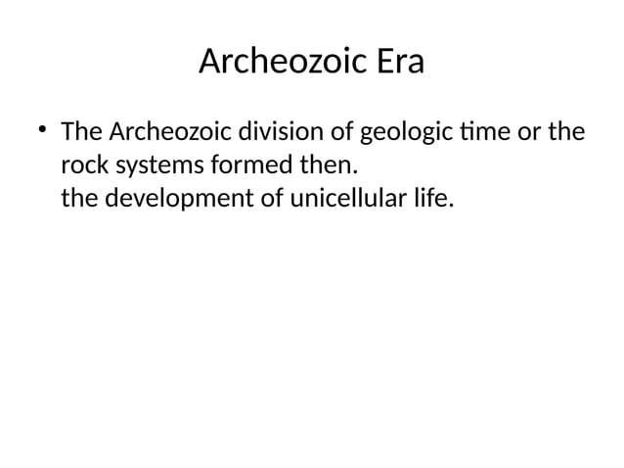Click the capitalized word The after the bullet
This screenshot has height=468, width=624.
pos(82,131)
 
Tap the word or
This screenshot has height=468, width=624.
pos(533,131)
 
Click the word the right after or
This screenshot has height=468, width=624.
pos(568,131)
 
